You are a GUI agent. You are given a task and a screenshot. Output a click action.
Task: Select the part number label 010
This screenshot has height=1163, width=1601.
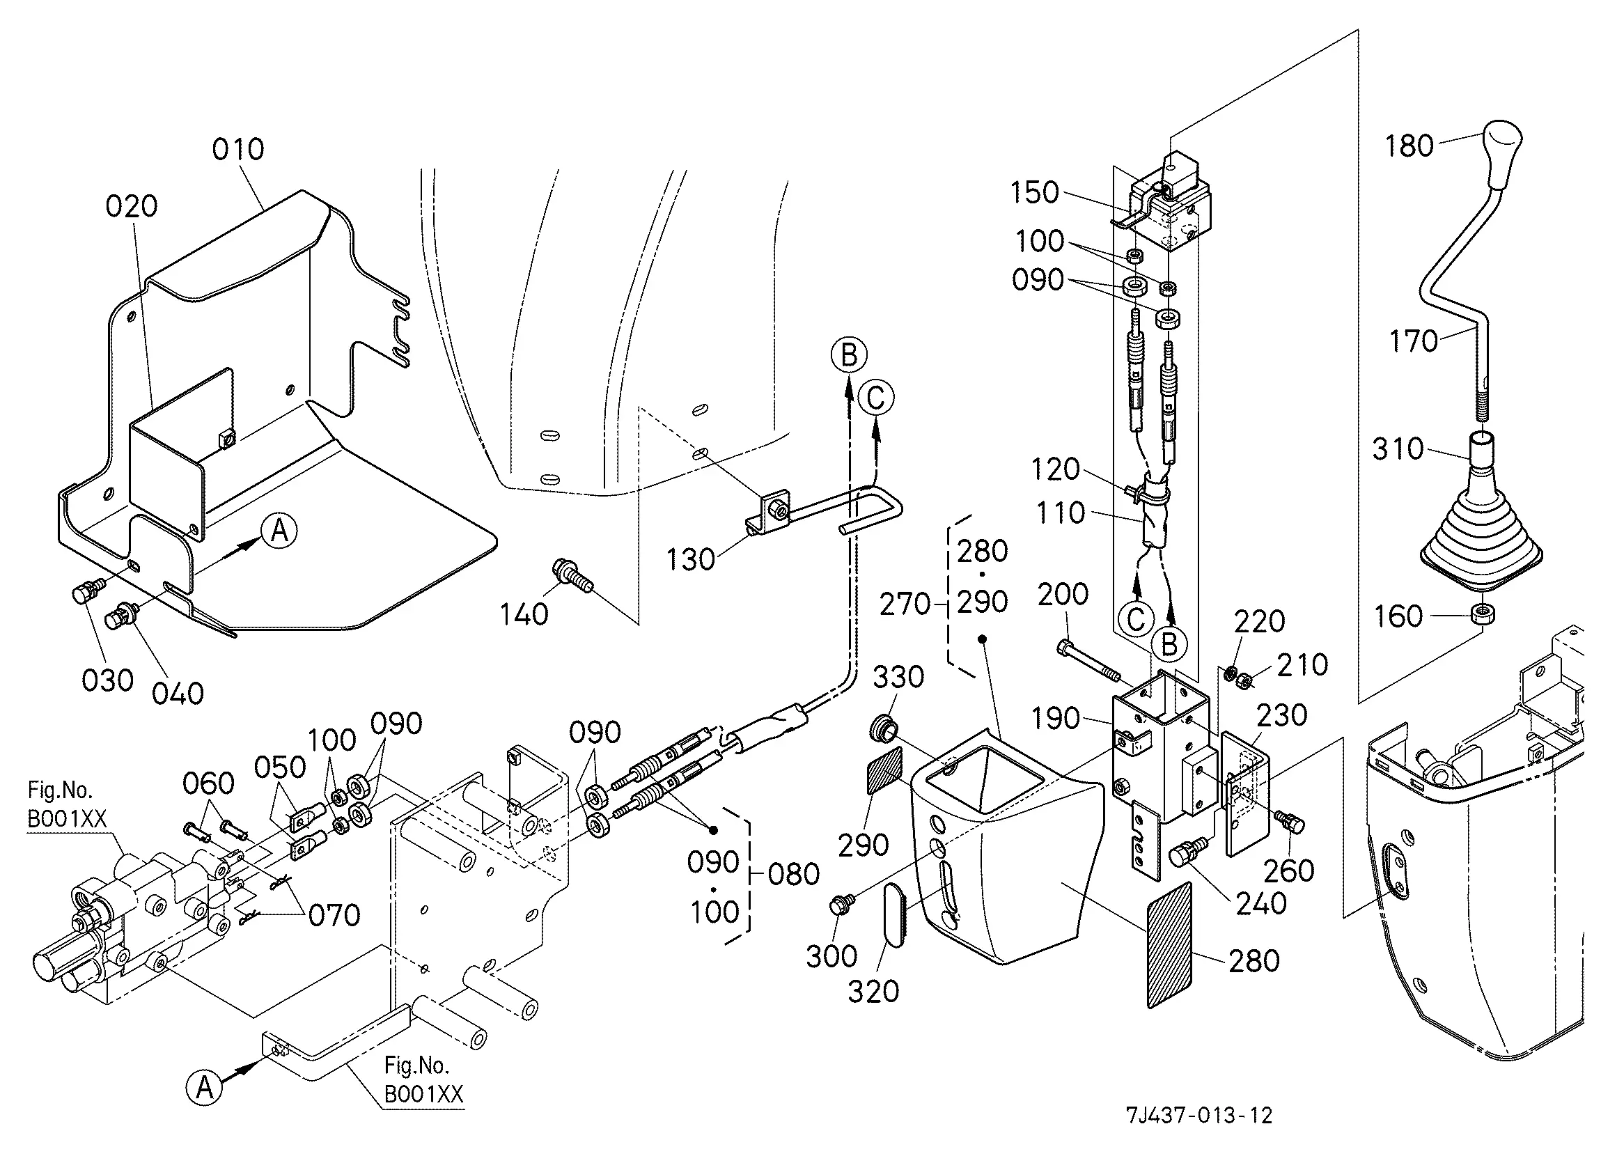(238, 150)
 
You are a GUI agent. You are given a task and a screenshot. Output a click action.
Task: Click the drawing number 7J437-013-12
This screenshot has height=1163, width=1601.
(1198, 1115)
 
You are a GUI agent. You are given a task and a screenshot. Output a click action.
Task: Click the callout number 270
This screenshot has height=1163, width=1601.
(905, 604)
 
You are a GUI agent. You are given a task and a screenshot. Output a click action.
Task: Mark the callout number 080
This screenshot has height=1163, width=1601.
(793, 874)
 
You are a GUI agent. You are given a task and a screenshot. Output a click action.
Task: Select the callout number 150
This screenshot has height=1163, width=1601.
(1034, 193)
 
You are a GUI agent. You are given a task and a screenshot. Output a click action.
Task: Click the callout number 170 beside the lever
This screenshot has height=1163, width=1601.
(1413, 341)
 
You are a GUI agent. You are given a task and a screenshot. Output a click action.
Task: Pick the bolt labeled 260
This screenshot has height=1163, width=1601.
(1289, 821)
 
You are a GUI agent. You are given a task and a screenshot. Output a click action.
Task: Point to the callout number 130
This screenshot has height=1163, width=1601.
(690, 560)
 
